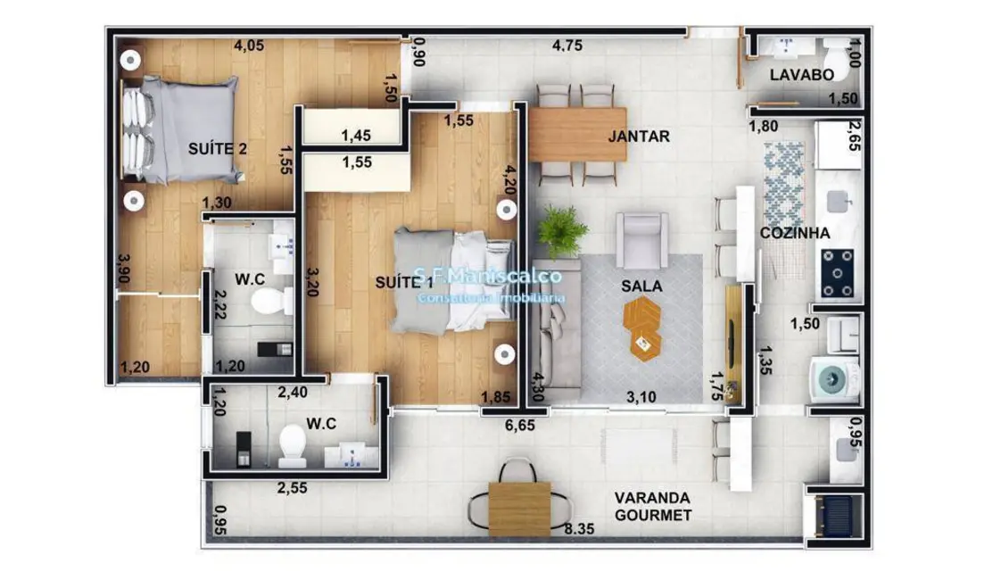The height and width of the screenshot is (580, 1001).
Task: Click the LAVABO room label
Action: tap(802, 75)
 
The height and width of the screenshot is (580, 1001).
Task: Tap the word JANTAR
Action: tap(639, 137)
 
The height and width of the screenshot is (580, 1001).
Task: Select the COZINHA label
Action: tap(796, 233)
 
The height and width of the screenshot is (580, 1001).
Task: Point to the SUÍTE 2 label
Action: tap(218, 148)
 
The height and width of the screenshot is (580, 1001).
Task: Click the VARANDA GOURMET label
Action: tap(653, 506)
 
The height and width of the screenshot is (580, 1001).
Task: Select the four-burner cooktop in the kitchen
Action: tap(840, 272)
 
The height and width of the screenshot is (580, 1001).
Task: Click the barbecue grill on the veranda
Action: tap(837, 517)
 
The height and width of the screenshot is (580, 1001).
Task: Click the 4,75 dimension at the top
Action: tap(567, 47)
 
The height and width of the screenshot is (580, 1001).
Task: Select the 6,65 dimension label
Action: tap(520, 426)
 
